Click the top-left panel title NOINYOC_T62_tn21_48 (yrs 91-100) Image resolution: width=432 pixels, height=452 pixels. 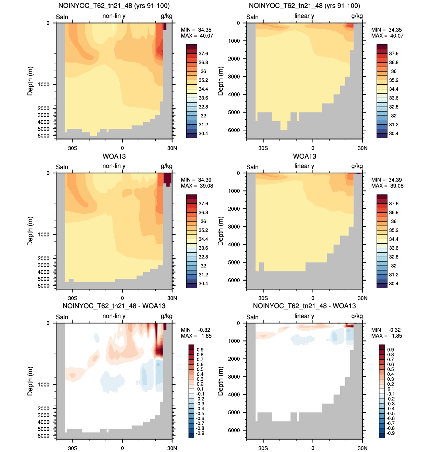pos(114,6)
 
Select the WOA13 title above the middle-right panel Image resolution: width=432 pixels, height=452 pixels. pos(305,156)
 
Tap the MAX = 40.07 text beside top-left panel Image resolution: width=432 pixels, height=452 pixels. pos(197,36)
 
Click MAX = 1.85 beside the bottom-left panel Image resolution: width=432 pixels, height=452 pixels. pos(196,336)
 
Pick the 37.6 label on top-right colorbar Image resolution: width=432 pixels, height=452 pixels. pos(394,54)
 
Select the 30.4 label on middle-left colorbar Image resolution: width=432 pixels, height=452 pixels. pos(203,283)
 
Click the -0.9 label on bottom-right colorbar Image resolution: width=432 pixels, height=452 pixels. pos(390,433)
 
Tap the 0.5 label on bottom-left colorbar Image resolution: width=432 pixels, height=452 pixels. pos(200,369)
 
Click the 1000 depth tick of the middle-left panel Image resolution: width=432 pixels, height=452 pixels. pos(43,235)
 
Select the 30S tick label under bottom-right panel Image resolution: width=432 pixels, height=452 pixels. pos(263,448)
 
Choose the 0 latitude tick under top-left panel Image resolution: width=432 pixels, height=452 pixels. pos(122,148)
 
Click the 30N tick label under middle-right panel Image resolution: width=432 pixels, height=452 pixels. pos(362,298)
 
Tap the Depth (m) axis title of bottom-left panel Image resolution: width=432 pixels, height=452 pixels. pos(30,381)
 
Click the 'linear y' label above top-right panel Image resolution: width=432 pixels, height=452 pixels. pos(304,16)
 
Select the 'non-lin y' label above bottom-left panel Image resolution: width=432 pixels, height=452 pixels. pos(114,316)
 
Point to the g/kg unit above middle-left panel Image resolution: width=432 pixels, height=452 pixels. pos(167,166)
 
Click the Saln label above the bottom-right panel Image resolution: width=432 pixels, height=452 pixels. pos(252,317)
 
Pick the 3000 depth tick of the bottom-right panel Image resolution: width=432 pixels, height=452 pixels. pos(234,377)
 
